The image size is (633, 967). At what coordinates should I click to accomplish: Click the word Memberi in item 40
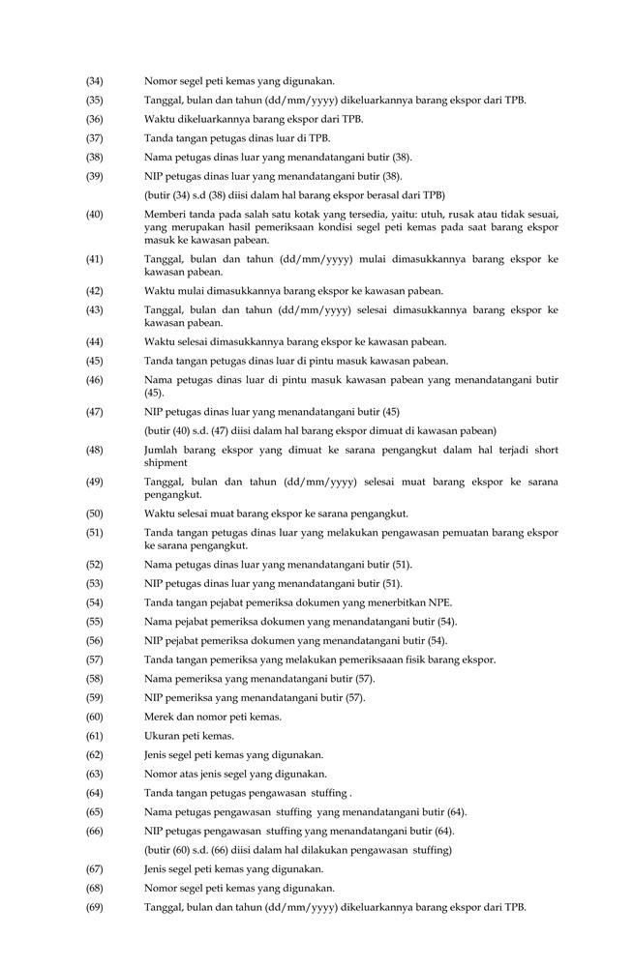coord(165,214)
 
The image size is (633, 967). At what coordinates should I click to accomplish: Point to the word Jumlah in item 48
coord(163,451)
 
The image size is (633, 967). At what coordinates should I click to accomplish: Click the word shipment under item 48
coord(166,463)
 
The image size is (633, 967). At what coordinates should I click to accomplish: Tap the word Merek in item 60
coord(160,717)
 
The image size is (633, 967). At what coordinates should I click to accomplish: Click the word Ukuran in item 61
coord(162,736)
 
